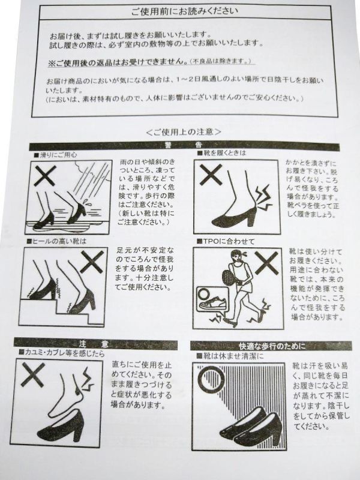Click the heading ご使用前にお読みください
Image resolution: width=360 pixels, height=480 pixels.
pos(185,11)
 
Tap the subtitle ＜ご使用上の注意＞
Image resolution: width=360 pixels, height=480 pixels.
pos(184,132)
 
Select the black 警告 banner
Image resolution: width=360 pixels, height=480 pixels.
pos(184,145)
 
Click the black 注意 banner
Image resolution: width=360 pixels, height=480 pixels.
pos(95,344)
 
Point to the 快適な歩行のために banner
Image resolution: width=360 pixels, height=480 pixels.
pos(271,346)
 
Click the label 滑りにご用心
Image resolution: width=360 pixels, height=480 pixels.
pos(55,155)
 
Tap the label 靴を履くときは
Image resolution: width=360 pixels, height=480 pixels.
pos(221,153)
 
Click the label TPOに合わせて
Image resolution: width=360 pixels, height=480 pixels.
pos(226,242)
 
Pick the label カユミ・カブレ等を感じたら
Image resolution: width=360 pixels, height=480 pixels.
pos(62,353)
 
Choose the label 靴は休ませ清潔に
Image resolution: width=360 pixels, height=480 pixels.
pos(230,356)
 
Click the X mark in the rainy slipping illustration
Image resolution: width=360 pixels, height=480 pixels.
pos(45,176)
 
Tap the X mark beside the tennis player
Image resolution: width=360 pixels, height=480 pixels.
pos(266,263)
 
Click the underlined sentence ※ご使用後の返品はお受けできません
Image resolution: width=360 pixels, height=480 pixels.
pos(118,62)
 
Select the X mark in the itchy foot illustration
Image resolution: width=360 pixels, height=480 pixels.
pos(33,374)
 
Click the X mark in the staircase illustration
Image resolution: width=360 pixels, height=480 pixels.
pos(92,261)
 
